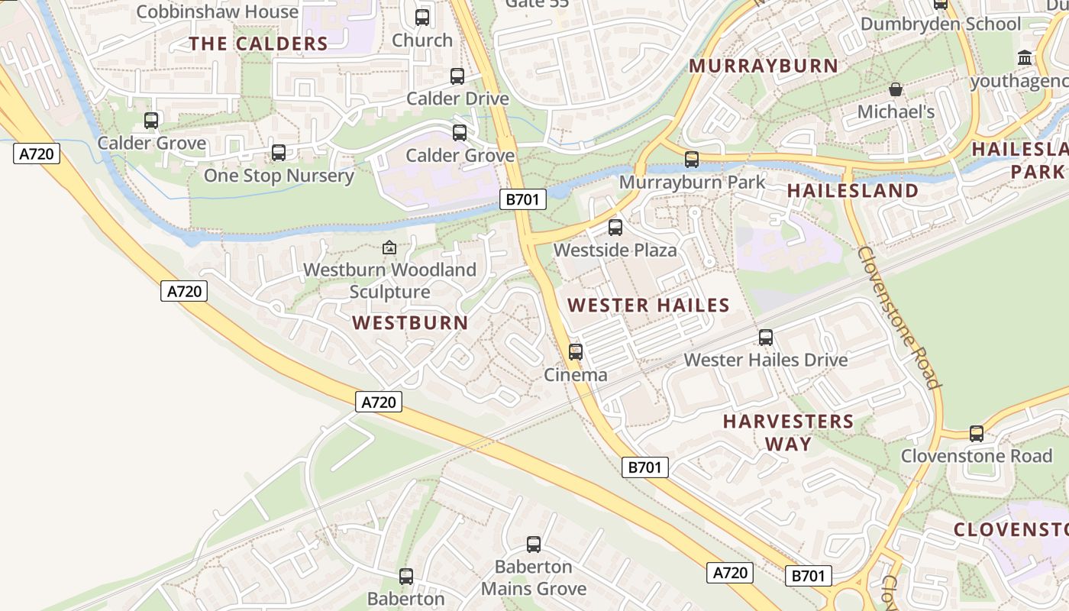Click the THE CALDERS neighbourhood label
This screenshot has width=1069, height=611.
pos(258,44)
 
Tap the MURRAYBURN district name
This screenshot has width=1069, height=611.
pos(764,66)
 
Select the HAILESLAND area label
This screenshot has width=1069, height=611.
pos(852,190)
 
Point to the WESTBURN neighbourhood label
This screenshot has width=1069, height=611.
pos(410,322)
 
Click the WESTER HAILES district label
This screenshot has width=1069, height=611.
pos(648,305)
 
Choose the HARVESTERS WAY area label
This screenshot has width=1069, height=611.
pos(788,432)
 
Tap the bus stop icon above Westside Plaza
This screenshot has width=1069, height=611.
pos(615,227)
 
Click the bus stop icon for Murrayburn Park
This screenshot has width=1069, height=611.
pos(692,159)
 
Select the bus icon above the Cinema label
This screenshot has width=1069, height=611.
pos(576,351)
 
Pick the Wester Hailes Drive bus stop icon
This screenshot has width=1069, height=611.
pos(766,337)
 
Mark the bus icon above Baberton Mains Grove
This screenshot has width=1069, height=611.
pos(534,545)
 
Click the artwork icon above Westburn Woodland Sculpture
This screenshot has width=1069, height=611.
pos(389,247)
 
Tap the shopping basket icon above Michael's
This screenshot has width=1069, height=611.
pos(896,89)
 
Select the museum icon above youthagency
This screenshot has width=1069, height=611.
pos(1025,58)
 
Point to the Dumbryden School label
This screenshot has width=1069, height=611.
pos(940,24)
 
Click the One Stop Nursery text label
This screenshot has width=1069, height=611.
pos(279,176)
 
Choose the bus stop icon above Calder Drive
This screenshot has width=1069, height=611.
pos(457,76)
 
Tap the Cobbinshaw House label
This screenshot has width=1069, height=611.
pos(217,11)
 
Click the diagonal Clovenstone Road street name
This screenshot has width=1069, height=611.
pos(898,317)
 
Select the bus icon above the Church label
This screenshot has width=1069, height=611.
pos(422,18)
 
